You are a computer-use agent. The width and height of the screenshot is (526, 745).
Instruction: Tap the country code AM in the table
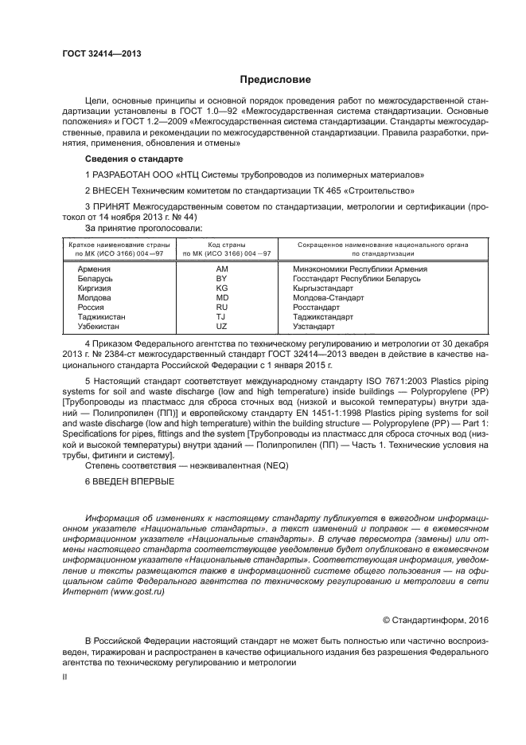pyautogui.click(x=221, y=269)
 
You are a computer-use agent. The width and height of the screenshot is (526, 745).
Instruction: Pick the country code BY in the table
pyautogui.click(x=221, y=279)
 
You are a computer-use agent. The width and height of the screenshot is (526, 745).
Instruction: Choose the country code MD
pyautogui.click(x=221, y=298)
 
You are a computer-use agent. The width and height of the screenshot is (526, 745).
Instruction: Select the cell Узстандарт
pyautogui.click(x=314, y=327)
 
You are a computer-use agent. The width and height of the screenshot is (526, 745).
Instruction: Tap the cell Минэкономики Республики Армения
pyautogui.click(x=360, y=269)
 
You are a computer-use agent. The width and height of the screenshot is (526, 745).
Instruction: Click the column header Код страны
pyautogui.click(x=226, y=245)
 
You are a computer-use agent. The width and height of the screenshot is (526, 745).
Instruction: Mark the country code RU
pyautogui.click(x=221, y=308)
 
